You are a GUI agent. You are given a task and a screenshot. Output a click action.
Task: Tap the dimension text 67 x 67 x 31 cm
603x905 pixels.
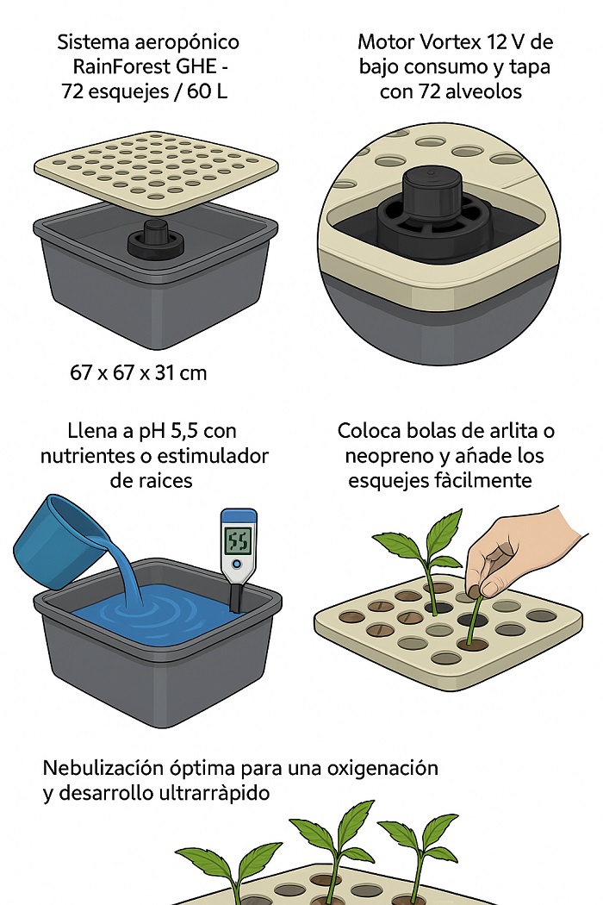139,373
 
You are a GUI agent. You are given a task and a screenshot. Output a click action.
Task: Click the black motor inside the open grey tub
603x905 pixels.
156,238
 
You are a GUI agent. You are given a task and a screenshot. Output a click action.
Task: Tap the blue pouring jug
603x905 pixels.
57,538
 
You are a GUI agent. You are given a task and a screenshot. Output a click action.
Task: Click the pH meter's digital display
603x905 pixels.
238,540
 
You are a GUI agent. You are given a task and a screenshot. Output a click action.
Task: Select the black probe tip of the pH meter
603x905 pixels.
235,596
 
